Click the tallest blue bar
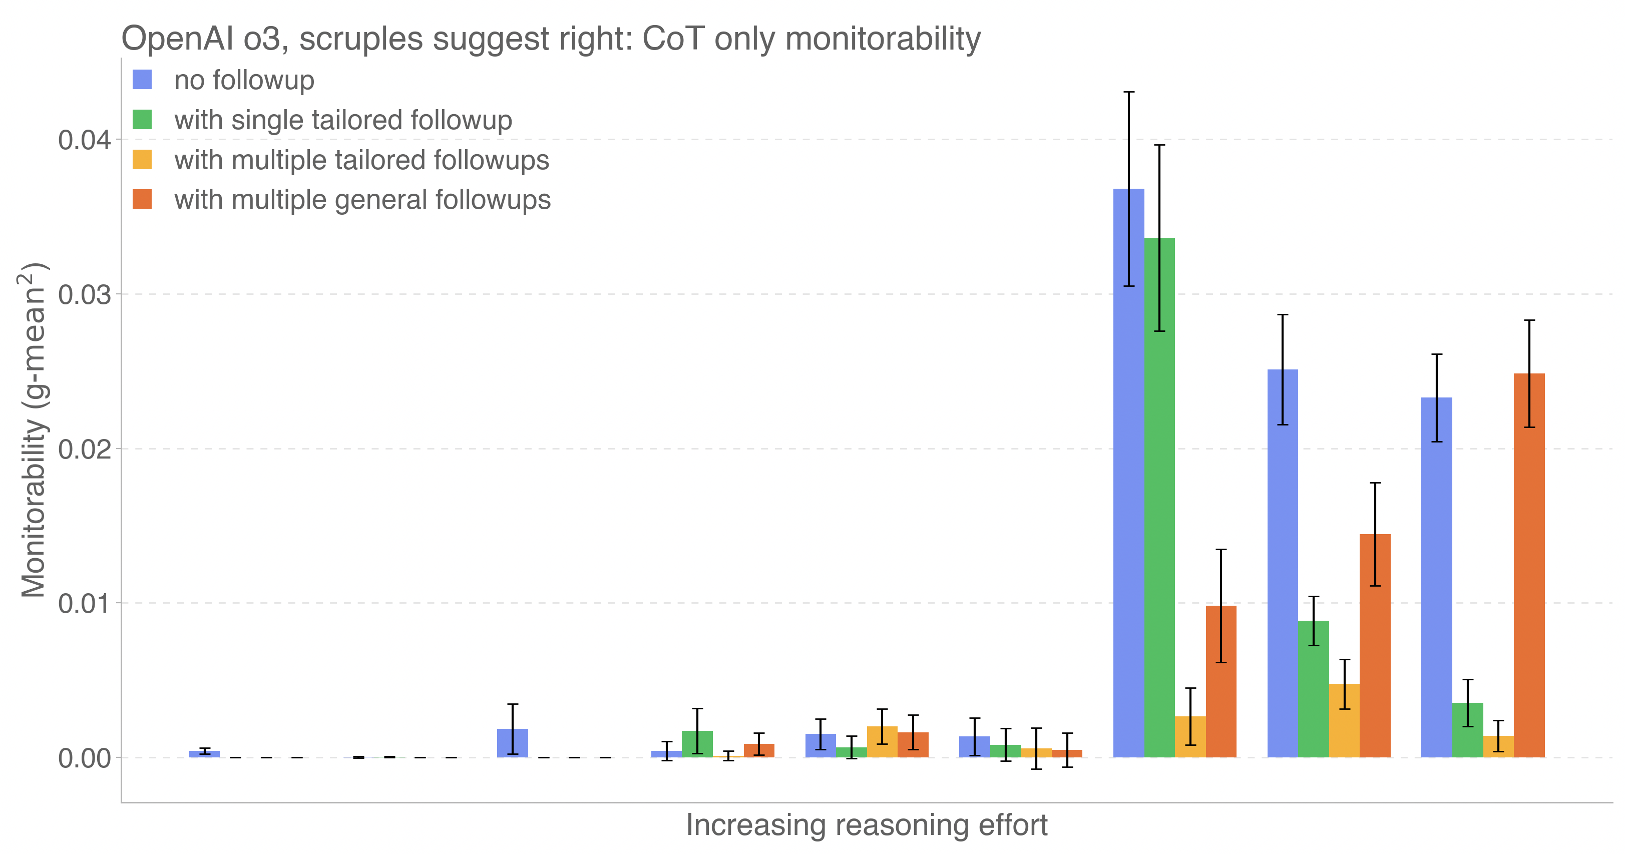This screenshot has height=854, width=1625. [x=1128, y=473]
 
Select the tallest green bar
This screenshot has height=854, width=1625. [x=1159, y=498]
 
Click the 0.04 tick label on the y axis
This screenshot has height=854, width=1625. [x=85, y=140]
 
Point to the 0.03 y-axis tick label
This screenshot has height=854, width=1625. [x=85, y=294]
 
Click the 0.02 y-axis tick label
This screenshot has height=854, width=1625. [x=85, y=449]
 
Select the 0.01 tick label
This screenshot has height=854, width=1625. [x=85, y=604]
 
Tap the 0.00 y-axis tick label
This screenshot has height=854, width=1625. [x=85, y=758]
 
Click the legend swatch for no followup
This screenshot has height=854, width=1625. [x=142, y=80]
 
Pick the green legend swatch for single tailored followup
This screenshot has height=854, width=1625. [x=142, y=120]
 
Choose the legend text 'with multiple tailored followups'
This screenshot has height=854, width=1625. [x=361, y=160]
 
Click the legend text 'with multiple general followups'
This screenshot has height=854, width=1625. [x=362, y=200]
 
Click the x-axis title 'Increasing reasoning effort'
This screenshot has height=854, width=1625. [x=866, y=825]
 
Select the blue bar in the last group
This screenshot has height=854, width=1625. [x=1436, y=577]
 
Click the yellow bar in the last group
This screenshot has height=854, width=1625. [x=1498, y=747]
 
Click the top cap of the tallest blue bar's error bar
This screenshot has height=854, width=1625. [x=1128, y=92]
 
